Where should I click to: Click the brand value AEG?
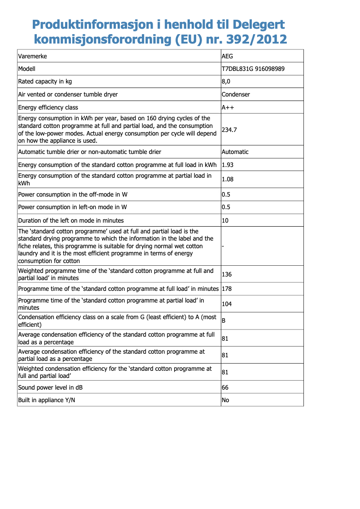coord(228,57)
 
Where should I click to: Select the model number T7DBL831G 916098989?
coord(253,69)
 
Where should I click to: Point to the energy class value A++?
coord(228,108)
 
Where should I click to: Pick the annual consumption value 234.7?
coord(230,130)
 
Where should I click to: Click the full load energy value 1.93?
coord(228,165)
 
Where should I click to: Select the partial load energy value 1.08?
coord(228,180)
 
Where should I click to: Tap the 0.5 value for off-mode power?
coord(226,195)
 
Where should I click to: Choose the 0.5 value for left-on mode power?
coord(226,207)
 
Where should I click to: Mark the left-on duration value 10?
coord(225,221)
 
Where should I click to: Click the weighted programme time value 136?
coord(227,275)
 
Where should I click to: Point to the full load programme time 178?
coord(227,289)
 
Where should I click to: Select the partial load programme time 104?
coord(227,304)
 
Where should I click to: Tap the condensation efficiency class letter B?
coord(224,321)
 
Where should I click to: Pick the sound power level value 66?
coord(225,387)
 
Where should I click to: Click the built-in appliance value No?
coord(225,400)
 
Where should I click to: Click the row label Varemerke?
coord(32,57)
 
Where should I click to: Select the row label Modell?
coord(26,69)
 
